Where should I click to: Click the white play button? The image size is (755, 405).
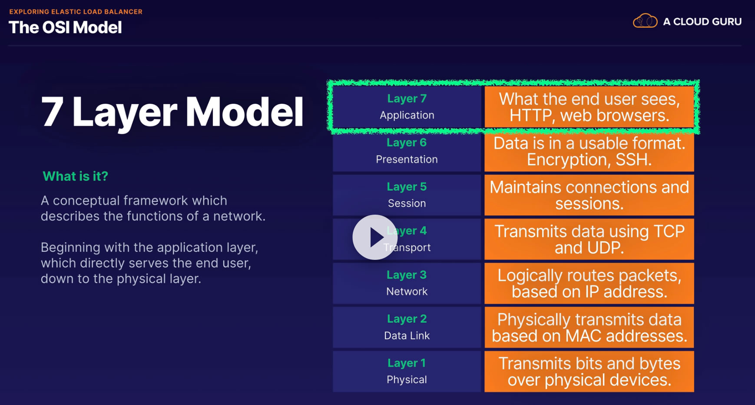(x=375, y=237)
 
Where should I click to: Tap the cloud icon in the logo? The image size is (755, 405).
(x=645, y=21)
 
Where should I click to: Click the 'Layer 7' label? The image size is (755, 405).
(x=407, y=99)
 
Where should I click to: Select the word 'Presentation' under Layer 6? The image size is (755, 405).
(x=407, y=159)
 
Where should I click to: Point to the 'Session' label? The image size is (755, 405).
(x=407, y=203)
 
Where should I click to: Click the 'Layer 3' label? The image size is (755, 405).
(x=407, y=275)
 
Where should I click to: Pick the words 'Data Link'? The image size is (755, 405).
(x=407, y=335)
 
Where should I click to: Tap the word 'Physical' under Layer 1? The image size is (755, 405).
(x=407, y=380)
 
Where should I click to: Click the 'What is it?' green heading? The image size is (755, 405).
(x=76, y=176)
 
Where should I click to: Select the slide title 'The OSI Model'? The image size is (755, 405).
(x=66, y=27)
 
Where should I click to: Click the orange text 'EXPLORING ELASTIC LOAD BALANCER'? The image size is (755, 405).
(x=76, y=12)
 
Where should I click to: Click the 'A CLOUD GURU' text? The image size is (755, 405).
(x=702, y=22)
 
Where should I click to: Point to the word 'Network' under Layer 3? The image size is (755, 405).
(x=407, y=292)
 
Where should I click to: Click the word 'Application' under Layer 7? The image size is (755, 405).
(x=407, y=116)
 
